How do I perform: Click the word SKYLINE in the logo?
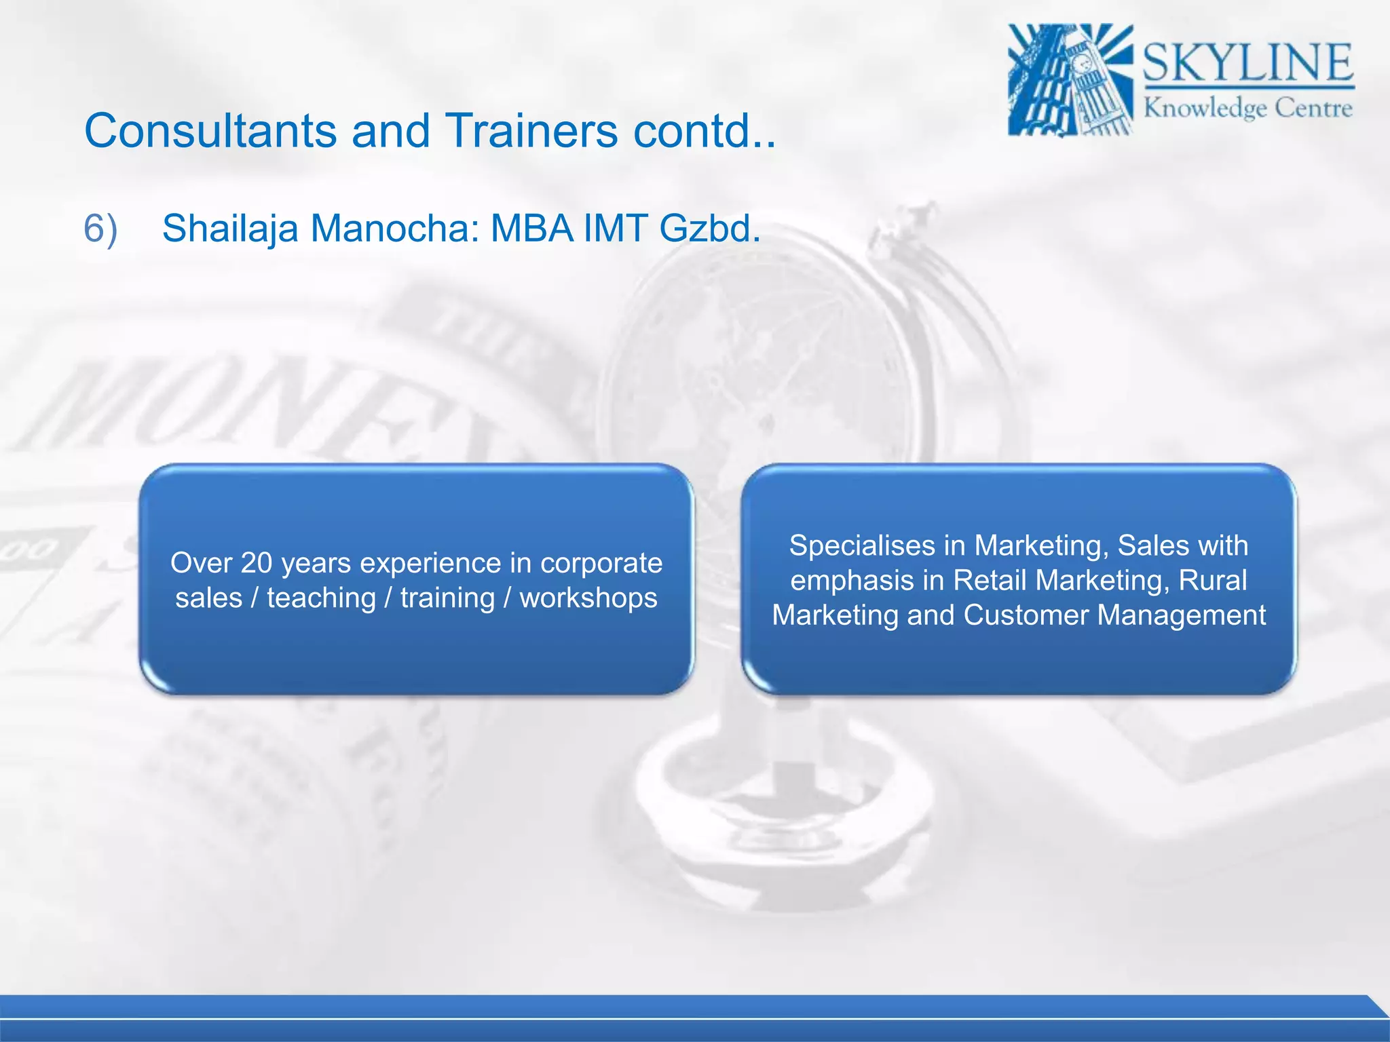click(1248, 63)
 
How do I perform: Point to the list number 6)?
click(100, 228)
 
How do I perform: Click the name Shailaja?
click(230, 228)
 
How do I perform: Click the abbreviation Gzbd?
click(710, 228)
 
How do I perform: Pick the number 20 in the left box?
click(257, 563)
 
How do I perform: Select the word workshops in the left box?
click(588, 598)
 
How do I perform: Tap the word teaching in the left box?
click(321, 598)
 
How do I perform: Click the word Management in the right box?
click(1181, 615)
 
